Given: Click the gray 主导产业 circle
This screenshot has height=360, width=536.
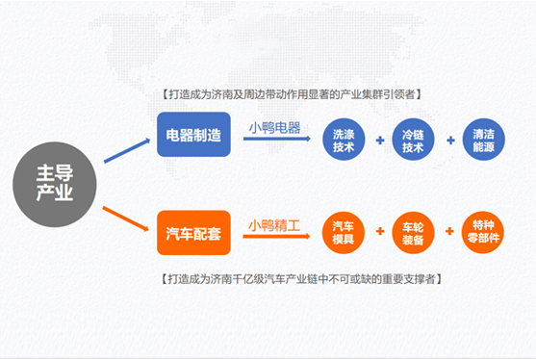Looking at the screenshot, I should (x=55, y=184).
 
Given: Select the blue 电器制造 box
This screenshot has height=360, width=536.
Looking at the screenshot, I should (x=193, y=135).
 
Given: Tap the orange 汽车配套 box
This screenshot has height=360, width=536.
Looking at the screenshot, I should (x=193, y=232).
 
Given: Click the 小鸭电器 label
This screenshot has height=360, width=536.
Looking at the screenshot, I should (x=273, y=127).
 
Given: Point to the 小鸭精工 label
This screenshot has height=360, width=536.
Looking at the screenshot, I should (x=273, y=226).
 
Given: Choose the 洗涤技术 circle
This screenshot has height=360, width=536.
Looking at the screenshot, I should (x=343, y=140).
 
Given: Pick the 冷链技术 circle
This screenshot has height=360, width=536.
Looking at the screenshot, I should (x=413, y=140).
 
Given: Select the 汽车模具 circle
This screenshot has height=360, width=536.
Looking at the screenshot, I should (x=343, y=231).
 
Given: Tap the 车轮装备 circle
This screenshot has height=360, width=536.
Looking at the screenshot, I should (x=413, y=231).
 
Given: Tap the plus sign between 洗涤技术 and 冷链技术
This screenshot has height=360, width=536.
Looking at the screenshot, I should (x=379, y=141).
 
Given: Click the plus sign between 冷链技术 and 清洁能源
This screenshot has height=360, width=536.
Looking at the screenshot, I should (x=448, y=141).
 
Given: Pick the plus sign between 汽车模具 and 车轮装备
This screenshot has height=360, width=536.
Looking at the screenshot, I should (x=379, y=232).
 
